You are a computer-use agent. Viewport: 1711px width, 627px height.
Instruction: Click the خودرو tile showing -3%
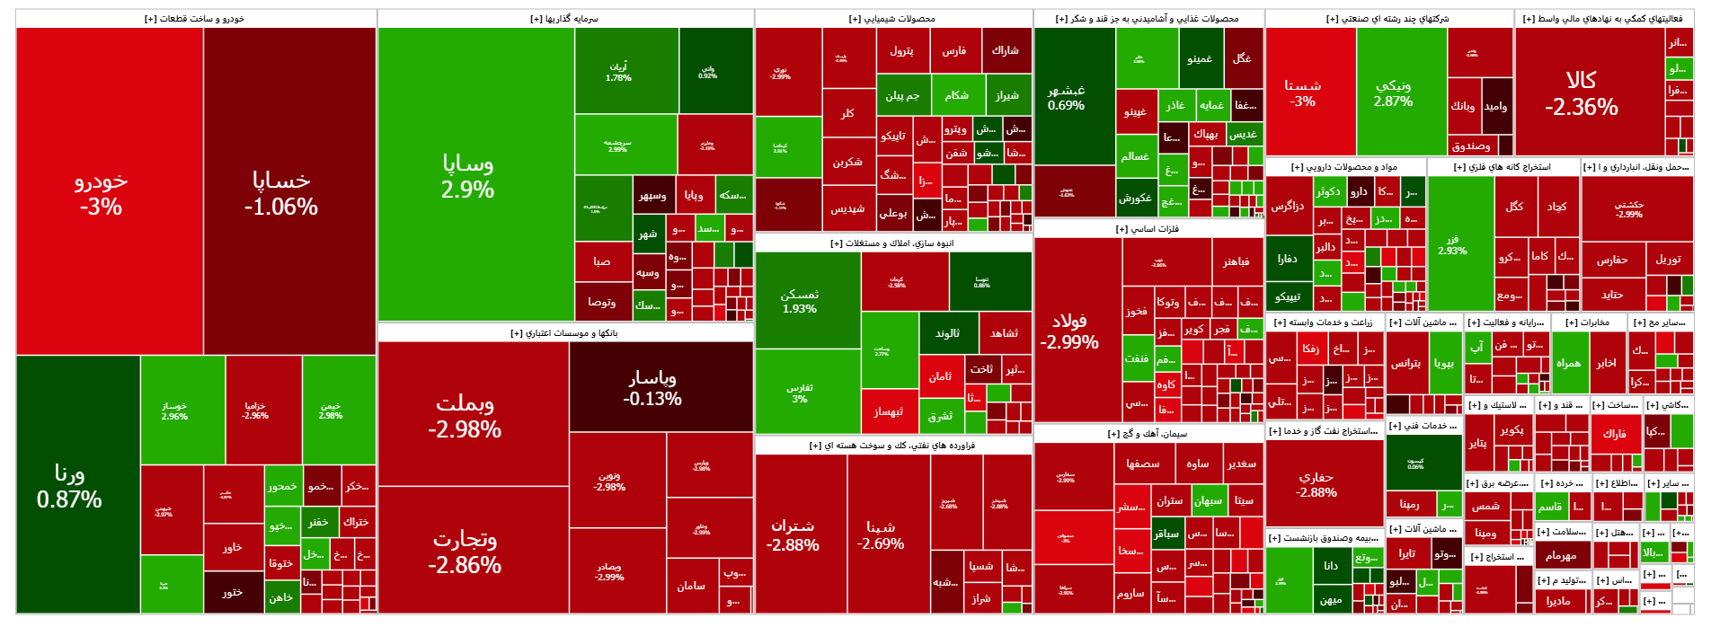[101, 192]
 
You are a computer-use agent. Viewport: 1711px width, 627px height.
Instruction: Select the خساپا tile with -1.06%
[281, 192]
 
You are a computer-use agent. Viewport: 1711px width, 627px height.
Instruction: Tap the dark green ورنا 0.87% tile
[69, 485]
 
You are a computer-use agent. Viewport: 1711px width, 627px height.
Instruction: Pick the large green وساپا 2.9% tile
[467, 176]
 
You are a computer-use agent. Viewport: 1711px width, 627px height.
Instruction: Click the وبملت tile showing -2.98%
[465, 415]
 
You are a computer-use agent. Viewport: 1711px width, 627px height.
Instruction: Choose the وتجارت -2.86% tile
[465, 551]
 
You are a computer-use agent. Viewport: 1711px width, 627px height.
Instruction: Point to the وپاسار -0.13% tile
[652, 387]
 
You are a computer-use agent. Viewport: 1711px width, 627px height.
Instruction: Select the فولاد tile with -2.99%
[1069, 331]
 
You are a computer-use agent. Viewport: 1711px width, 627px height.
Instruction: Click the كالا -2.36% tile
[1582, 93]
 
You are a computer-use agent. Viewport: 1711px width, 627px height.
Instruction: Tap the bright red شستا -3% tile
[1302, 93]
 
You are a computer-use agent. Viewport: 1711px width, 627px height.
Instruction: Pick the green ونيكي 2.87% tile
[1393, 93]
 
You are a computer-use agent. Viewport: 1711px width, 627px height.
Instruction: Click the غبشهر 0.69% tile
[1066, 97]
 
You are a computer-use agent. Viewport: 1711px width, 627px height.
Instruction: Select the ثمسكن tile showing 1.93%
[799, 301]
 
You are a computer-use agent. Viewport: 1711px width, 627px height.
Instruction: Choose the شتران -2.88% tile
[793, 534]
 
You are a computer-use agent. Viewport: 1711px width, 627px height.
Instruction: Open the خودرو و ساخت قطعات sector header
[194, 18]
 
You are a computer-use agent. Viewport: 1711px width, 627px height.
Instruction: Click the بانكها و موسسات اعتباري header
[564, 332]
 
